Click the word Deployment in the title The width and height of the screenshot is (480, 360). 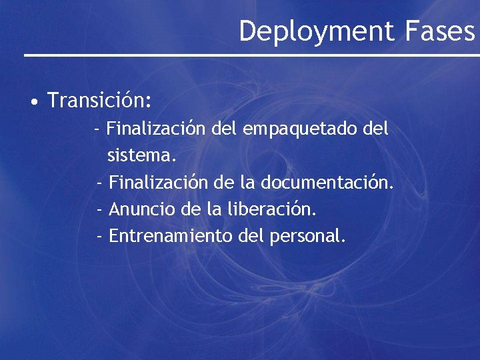click(317, 31)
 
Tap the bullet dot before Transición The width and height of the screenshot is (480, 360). click(33, 103)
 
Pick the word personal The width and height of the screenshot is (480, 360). click(308, 236)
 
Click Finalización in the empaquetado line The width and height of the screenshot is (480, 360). click(155, 128)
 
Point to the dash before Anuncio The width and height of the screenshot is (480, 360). click(99, 209)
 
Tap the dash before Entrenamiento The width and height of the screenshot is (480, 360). click(99, 236)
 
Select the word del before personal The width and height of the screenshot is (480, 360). click(252, 236)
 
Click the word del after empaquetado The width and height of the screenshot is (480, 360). click(377, 128)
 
